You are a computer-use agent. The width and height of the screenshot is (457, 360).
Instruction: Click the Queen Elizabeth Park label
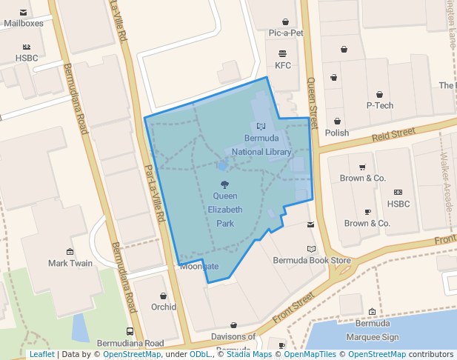click(x=224, y=210)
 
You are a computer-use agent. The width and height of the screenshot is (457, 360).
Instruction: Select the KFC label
click(x=283, y=65)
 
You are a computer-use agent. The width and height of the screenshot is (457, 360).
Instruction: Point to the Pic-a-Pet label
click(x=286, y=33)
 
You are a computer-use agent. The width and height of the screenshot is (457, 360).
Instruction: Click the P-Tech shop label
click(x=380, y=105)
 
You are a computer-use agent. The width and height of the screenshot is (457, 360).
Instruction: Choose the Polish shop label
click(x=337, y=133)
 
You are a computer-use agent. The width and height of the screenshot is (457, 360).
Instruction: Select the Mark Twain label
click(x=70, y=263)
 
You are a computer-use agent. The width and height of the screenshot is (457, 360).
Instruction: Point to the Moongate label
click(x=200, y=267)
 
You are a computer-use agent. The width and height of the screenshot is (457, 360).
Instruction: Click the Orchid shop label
click(x=164, y=307)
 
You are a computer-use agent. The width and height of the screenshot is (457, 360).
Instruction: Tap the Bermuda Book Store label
click(x=312, y=260)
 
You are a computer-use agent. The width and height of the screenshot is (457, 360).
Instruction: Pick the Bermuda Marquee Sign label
click(x=373, y=329)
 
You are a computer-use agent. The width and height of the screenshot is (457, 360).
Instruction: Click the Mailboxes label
click(x=24, y=23)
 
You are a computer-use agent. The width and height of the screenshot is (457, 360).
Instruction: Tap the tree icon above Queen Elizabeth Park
click(x=224, y=184)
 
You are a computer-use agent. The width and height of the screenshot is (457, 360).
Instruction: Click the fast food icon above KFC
click(x=282, y=53)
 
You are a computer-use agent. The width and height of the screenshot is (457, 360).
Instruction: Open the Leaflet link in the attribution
click(x=41, y=354)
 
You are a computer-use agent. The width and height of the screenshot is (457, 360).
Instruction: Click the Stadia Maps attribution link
click(x=247, y=354)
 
